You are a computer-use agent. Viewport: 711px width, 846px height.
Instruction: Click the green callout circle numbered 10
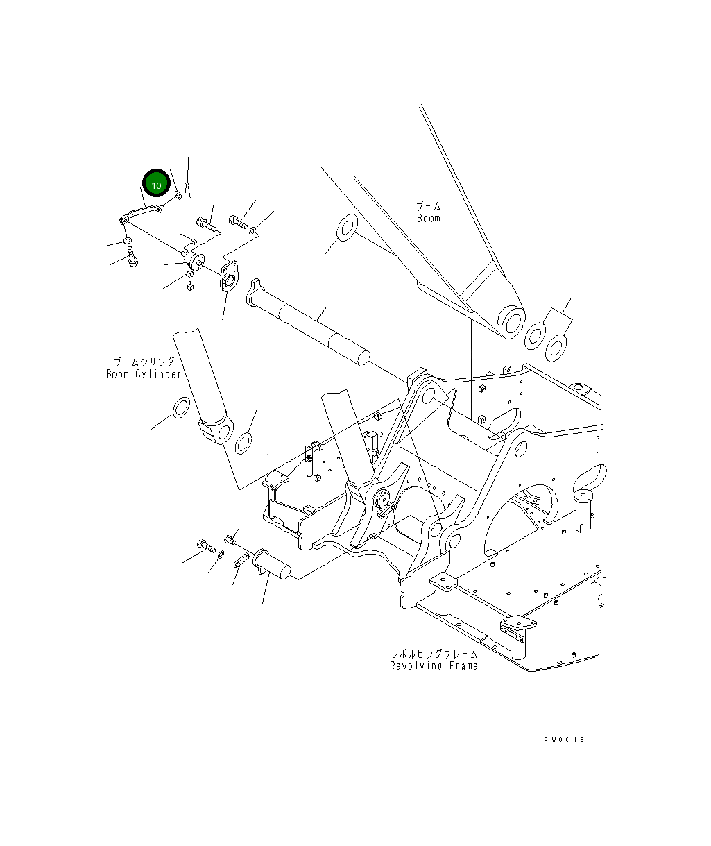click(156, 185)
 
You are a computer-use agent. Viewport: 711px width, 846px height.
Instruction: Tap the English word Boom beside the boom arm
click(428, 218)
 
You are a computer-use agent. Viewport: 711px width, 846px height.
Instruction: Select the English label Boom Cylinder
click(143, 374)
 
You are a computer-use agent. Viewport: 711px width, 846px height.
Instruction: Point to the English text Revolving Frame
click(434, 666)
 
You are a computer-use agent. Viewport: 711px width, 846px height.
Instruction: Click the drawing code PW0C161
click(567, 741)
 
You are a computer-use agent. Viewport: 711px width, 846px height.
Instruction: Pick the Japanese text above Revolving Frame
click(434, 654)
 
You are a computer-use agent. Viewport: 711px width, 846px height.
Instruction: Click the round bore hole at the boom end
click(513, 323)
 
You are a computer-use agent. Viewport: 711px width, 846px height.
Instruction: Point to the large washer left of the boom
click(345, 227)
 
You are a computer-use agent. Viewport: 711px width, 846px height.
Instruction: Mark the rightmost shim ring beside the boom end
click(556, 346)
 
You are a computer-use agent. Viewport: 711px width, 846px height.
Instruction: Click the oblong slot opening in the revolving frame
click(506, 423)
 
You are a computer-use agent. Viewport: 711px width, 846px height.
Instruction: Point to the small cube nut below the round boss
click(189, 287)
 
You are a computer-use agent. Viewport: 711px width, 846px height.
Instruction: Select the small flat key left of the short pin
click(241, 561)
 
